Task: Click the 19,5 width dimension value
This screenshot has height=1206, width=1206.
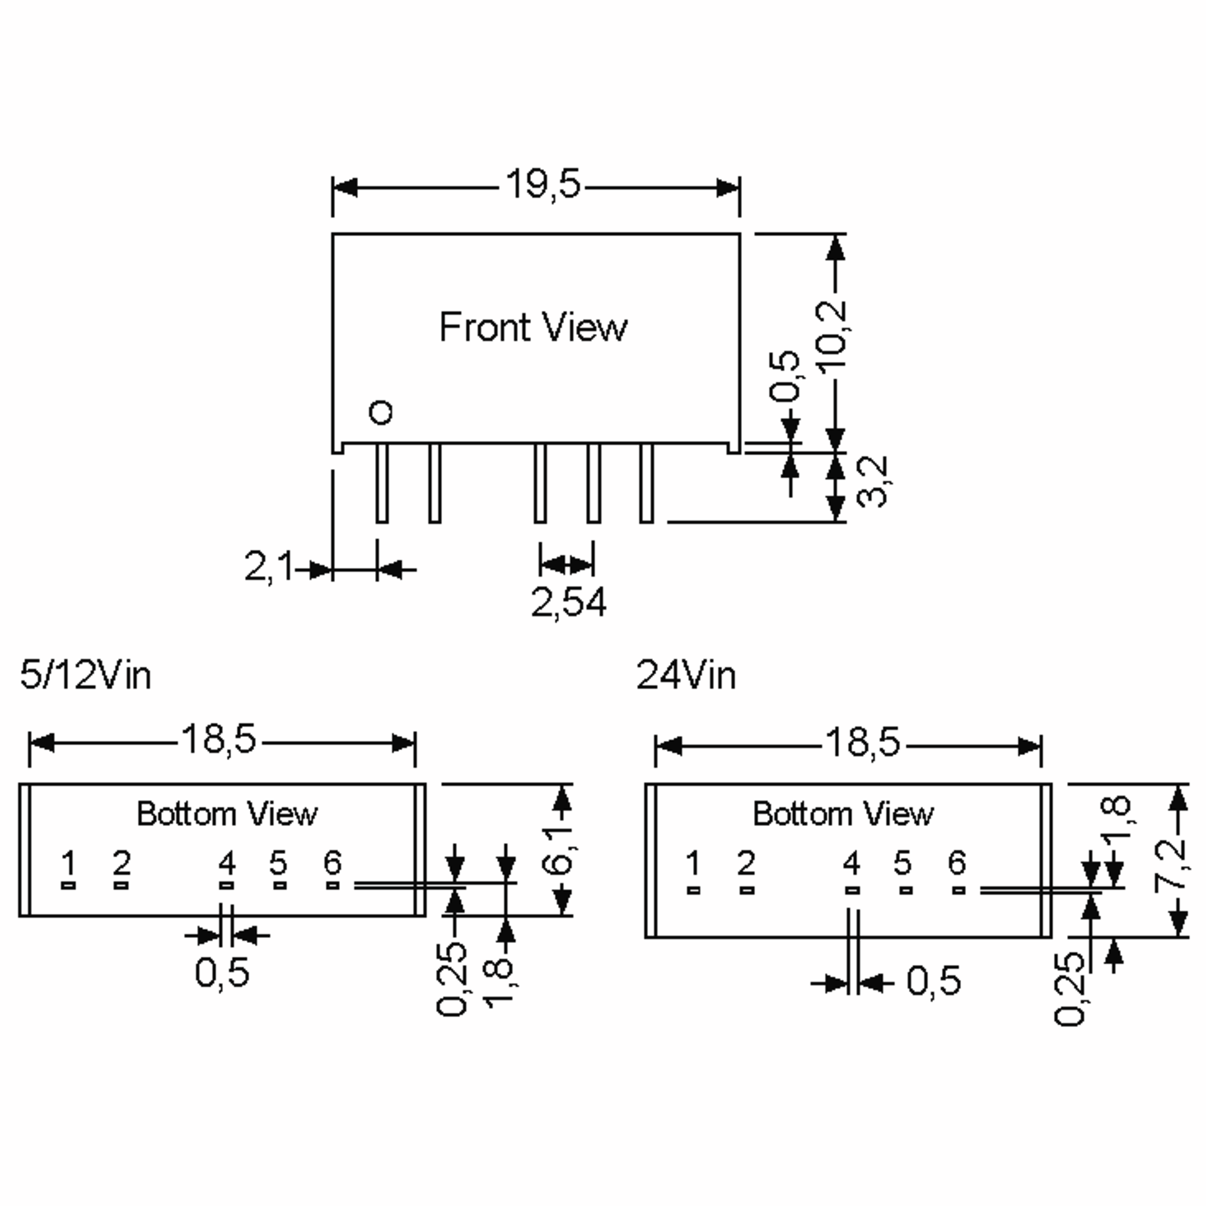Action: [543, 185]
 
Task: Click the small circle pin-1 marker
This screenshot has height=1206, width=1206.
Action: [381, 413]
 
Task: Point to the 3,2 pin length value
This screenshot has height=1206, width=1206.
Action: [872, 482]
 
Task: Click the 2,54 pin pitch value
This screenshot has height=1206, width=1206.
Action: [568, 603]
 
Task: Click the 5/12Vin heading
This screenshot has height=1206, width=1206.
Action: [85, 675]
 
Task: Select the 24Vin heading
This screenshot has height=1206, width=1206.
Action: [685, 675]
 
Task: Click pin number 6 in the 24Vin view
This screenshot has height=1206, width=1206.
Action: [957, 863]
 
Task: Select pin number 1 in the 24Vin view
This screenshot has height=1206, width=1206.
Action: [692, 864]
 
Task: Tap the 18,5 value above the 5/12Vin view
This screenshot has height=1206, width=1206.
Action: [219, 739]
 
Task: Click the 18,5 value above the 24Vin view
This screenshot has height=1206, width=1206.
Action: [863, 742]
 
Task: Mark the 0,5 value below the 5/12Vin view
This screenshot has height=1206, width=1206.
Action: [222, 972]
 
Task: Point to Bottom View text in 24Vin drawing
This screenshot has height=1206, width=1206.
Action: [843, 814]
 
